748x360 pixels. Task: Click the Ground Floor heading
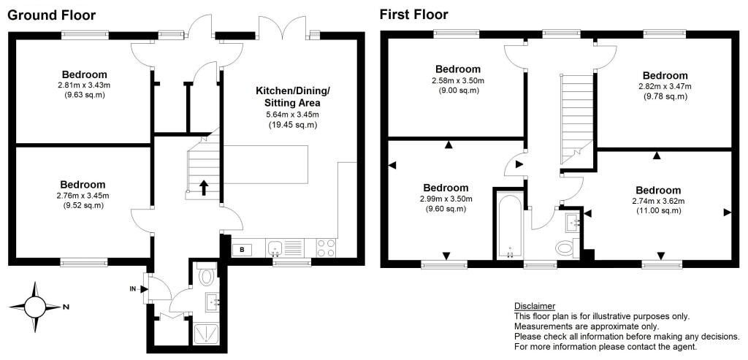pos(51,15)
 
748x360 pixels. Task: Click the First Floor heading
pos(413,15)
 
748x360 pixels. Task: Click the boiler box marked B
pos(242,250)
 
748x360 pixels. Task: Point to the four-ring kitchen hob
pos(325,248)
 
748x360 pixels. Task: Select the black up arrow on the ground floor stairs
pos(203,188)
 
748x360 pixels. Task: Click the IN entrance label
pos(133,289)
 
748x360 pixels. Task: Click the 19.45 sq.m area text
pos(292,125)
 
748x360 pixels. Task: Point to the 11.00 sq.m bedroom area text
pos(657,210)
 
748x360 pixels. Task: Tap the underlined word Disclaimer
pos(534,305)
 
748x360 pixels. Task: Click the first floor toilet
pos(565,248)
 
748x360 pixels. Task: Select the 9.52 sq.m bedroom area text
pos(83,205)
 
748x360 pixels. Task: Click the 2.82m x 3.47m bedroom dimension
pos(665,86)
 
